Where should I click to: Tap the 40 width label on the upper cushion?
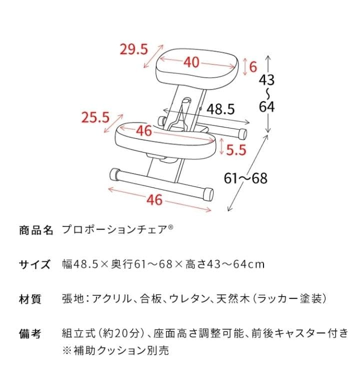[191, 62]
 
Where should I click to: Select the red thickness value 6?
[253, 66]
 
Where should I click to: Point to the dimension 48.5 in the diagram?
[220, 109]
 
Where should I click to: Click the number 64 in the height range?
[266, 106]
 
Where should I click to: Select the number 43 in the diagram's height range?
[266, 79]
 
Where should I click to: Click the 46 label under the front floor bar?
[154, 199]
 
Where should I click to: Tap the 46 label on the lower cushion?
[143, 131]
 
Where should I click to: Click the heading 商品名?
[35, 230]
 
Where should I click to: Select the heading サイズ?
[35, 264]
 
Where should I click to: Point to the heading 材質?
[30, 299]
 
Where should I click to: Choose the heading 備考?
[30, 333]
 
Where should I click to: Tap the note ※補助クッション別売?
[115, 350]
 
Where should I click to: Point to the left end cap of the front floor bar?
[114, 174]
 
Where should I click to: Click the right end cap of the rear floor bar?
[242, 133]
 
